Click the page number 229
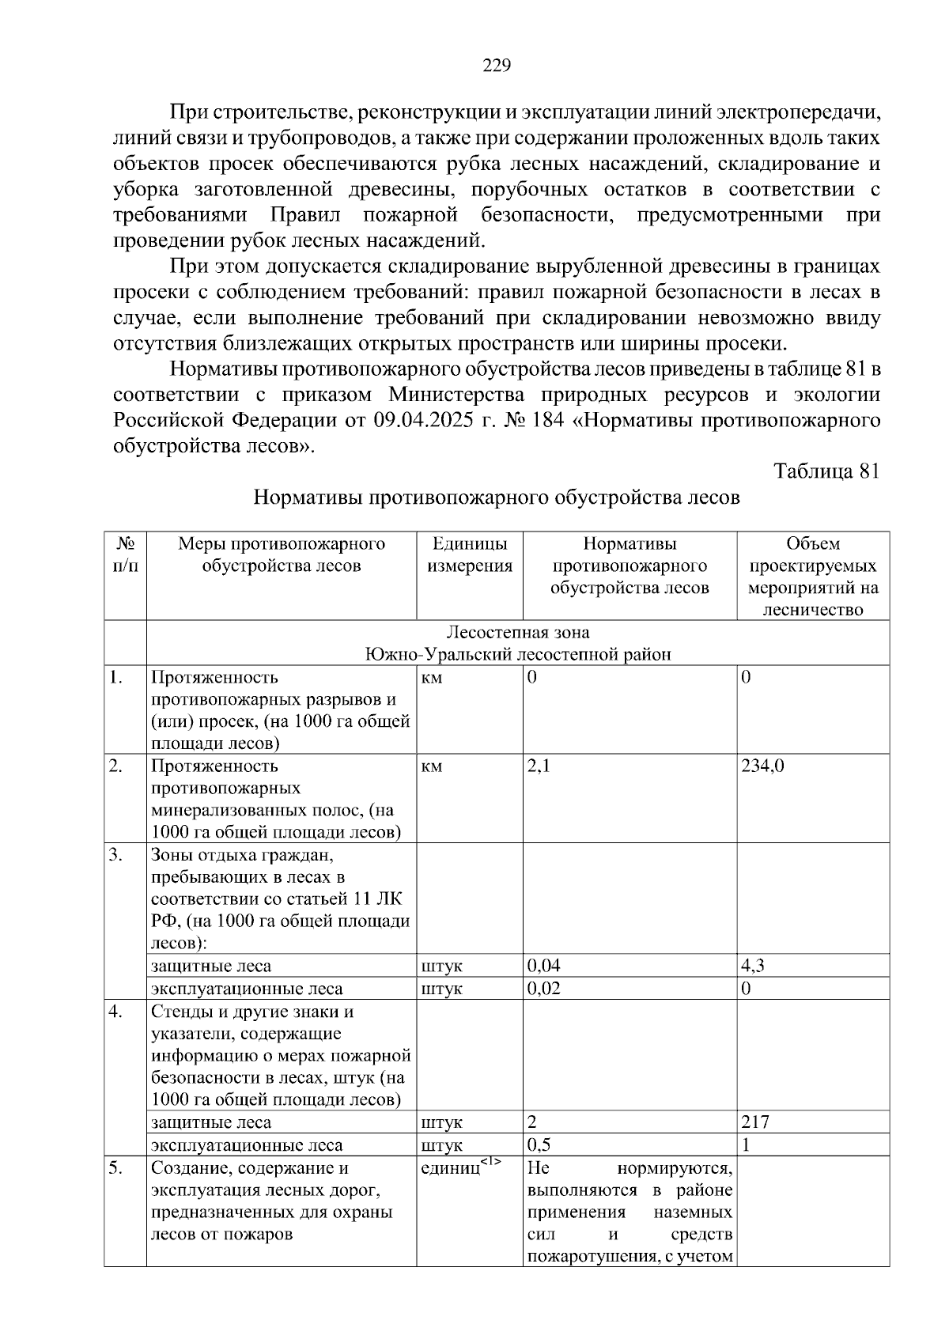(497, 66)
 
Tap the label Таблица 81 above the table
(826, 471)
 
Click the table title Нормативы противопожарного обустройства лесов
(497, 497)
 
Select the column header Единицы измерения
(470, 555)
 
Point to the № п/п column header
(125, 555)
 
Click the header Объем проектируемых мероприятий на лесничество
(813, 577)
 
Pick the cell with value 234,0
(762, 766)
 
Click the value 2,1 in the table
(539, 766)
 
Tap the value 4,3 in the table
(753, 966)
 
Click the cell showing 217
(755, 1122)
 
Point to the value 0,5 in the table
(539, 1145)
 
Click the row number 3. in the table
(116, 855)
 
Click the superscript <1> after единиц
(491, 1162)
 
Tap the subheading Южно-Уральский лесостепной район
(518, 655)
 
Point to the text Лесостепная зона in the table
(518, 633)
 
